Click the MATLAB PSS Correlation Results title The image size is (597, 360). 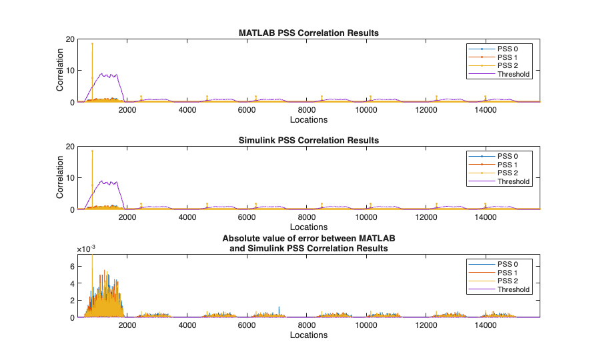309,33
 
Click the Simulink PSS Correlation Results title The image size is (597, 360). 309,141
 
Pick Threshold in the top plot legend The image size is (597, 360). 513,74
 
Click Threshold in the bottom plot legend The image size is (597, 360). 513,289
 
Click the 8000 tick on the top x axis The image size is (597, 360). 307,110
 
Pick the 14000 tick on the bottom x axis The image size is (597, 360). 485,325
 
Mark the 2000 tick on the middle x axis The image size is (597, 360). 128,217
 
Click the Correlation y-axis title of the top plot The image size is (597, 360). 59,71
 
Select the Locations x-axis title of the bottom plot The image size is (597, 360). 309,335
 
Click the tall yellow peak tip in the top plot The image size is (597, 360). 92,43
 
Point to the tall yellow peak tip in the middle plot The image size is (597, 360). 92,151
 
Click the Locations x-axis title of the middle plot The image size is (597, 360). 309,227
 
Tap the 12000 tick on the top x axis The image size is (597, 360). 426,110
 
